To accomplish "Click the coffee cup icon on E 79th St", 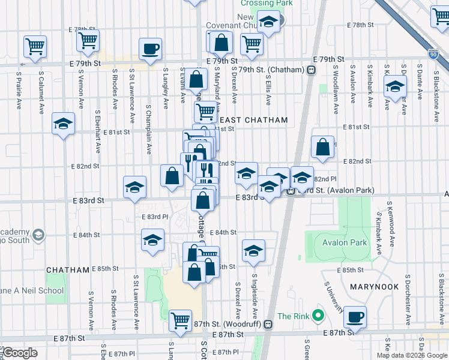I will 151,49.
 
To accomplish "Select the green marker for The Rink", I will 319,316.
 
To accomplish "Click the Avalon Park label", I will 344,243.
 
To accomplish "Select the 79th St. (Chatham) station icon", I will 311,70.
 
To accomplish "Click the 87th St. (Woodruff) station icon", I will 269,324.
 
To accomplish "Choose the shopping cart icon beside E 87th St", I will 180,320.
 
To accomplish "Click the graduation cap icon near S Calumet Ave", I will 63,124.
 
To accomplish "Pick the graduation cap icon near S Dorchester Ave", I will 395,88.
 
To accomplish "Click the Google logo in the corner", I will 19,353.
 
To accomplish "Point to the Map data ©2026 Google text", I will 412,355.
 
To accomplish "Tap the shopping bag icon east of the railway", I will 322,147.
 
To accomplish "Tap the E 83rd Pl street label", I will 151,217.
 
